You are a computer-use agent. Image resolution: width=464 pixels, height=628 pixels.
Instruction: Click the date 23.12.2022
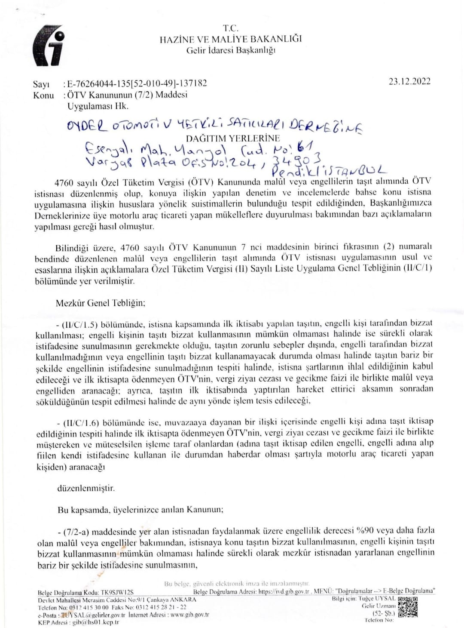coord(409,82)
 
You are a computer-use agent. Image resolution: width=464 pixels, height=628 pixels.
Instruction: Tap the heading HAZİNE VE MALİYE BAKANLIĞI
coord(231,39)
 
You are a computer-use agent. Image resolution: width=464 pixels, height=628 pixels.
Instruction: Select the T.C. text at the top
coord(231,28)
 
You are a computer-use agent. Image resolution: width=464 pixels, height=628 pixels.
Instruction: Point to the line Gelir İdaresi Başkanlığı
coord(231,50)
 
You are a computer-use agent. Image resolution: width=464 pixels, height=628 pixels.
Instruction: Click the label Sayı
coord(41,84)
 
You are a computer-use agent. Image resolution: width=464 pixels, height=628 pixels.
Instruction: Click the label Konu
coord(43,95)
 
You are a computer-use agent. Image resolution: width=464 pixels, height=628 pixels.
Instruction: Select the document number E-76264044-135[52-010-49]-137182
coord(137,83)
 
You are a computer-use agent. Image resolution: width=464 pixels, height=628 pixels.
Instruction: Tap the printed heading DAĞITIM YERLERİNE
coord(232,139)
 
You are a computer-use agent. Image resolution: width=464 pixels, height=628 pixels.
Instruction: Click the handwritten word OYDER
coord(86,126)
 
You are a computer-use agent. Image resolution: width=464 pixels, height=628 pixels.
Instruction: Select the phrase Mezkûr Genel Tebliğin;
coord(101,303)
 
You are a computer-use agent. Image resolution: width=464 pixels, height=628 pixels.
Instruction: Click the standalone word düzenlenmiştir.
coord(86,488)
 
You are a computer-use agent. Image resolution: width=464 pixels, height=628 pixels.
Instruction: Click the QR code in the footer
coord(407,607)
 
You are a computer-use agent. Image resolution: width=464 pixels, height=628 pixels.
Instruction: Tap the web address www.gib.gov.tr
coord(189,615)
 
